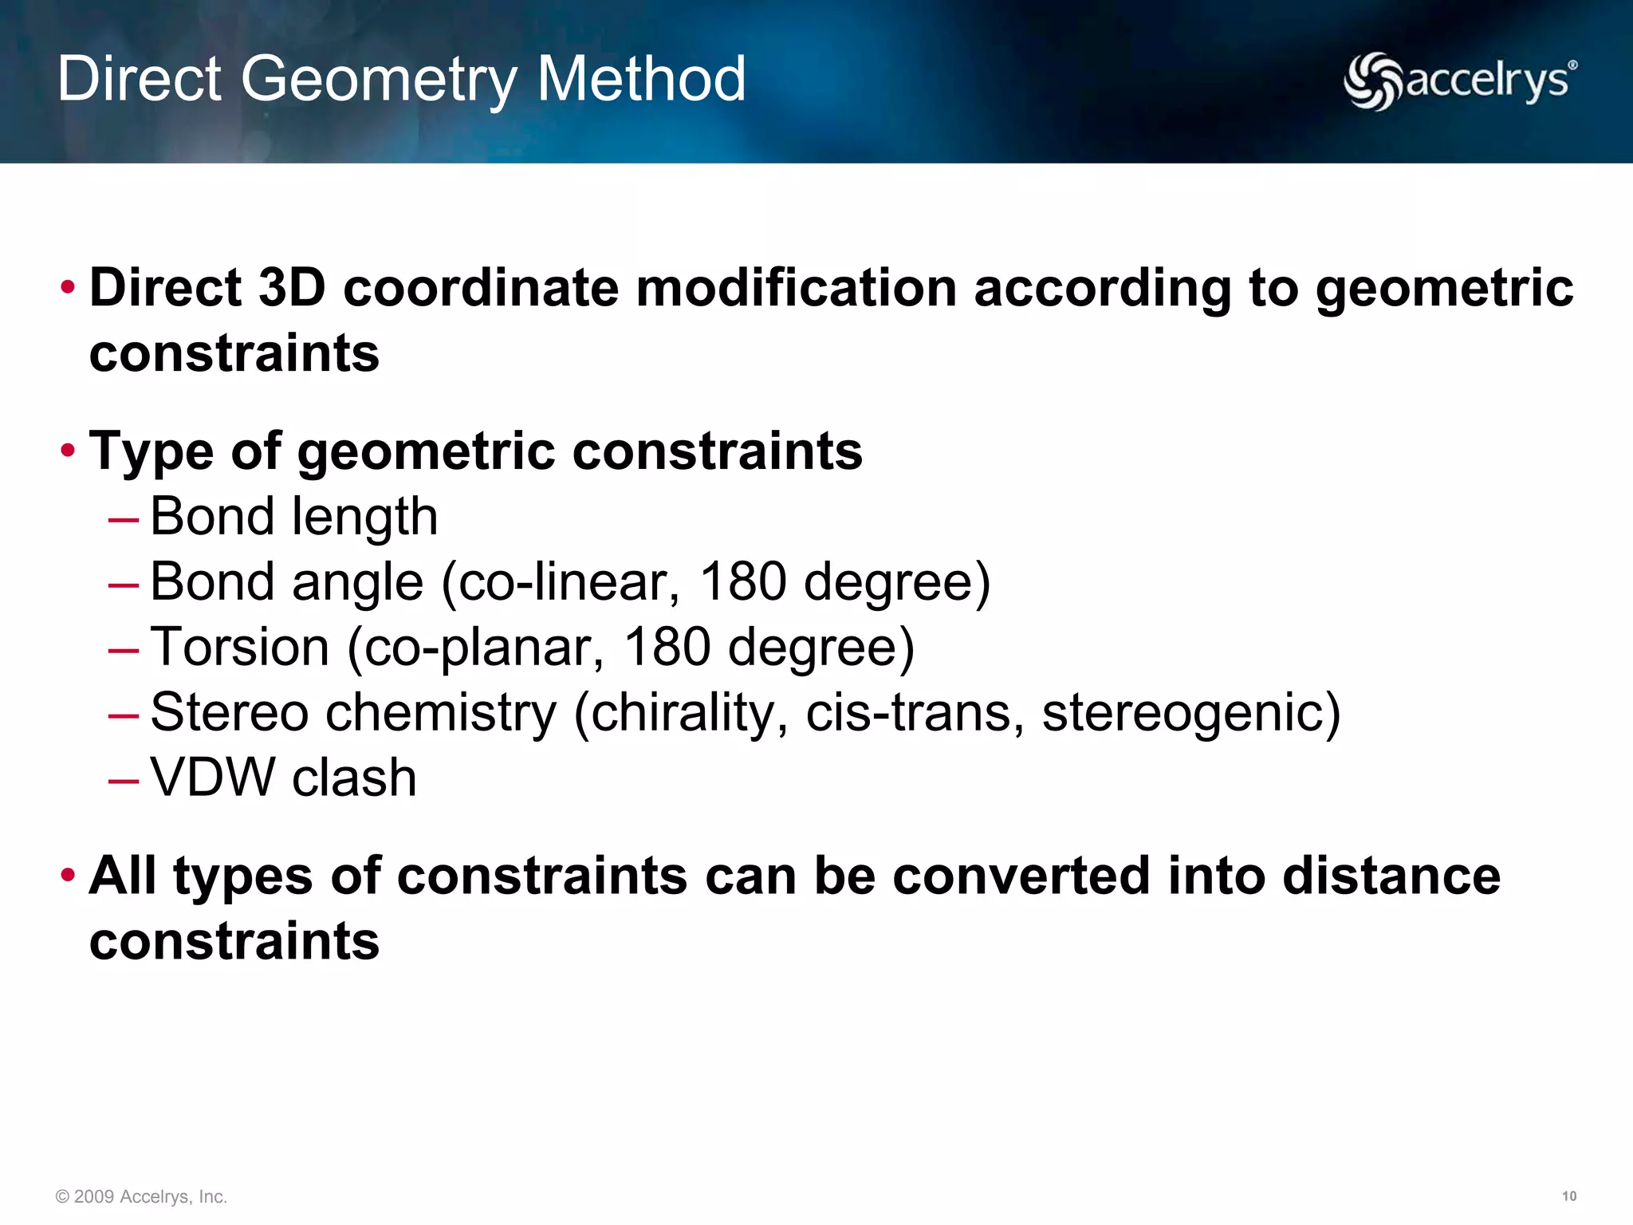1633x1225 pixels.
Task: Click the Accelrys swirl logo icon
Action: point(1371,81)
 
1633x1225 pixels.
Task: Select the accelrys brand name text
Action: point(1488,81)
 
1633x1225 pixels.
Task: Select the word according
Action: point(1103,289)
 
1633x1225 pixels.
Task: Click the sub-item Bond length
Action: point(293,517)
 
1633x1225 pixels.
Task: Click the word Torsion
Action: point(239,647)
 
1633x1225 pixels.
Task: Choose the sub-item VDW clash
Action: point(283,778)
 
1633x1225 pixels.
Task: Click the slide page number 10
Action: point(1568,1196)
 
